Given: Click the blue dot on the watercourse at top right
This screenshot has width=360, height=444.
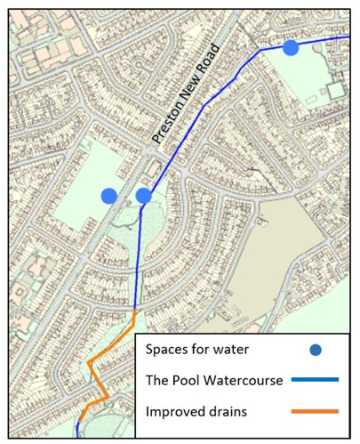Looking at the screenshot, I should coord(291,47).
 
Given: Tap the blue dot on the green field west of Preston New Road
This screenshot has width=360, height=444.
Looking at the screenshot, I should coord(108,195).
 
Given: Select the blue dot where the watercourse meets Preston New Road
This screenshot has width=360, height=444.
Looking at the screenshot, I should coord(144,195).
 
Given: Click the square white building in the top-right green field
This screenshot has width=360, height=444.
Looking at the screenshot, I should coord(335,90).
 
